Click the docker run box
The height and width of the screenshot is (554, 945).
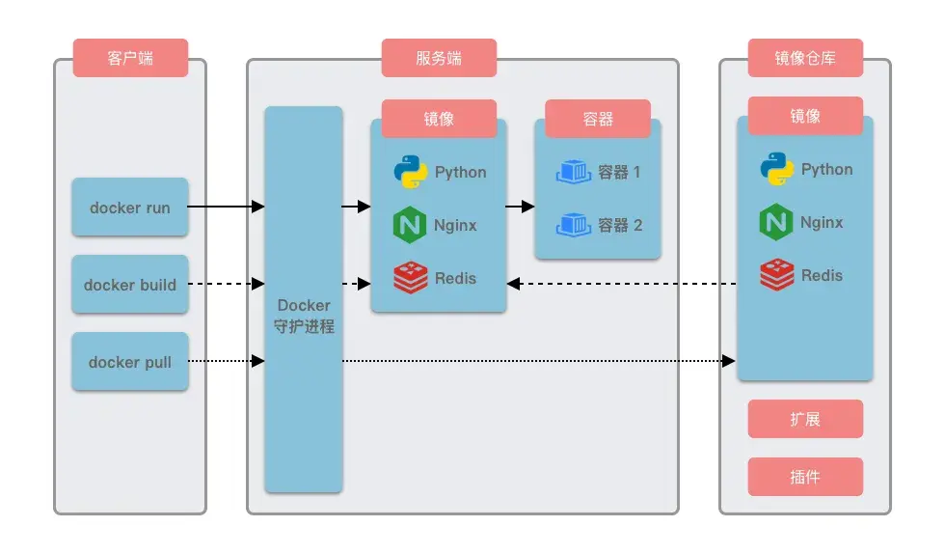click(x=130, y=208)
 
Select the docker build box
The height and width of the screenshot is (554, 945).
click(x=130, y=285)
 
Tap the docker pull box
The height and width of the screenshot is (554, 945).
click(x=130, y=362)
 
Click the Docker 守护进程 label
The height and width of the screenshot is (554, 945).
click(x=304, y=316)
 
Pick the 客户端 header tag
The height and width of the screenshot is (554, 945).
click(x=130, y=58)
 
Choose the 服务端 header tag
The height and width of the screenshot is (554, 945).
click(x=439, y=58)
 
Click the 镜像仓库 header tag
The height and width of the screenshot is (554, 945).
click(x=805, y=58)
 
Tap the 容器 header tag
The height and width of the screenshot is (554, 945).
click(x=598, y=119)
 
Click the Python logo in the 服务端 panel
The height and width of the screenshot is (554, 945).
click(x=410, y=172)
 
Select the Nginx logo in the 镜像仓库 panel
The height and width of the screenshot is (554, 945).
click(x=775, y=222)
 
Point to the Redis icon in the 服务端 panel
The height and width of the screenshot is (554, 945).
click(x=410, y=278)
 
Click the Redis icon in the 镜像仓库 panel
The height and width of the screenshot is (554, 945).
click(x=776, y=275)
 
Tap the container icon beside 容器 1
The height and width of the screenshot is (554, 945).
click(x=574, y=172)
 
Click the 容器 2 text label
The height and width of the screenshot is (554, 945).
click(x=620, y=225)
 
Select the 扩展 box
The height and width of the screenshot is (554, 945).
click(x=805, y=419)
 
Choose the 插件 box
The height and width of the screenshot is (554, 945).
click(x=805, y=477)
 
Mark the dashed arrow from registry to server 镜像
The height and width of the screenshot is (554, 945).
click(x=622, y=284)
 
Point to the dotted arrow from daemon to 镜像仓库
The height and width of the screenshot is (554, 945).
click(x=535, y=361)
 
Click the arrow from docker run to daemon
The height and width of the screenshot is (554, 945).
click(x=226, y=207)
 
